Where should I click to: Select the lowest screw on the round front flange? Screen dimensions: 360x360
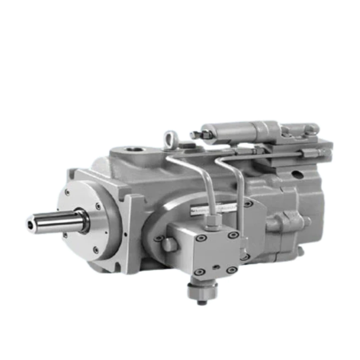96,249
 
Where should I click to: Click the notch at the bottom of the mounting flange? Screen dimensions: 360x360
117,267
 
